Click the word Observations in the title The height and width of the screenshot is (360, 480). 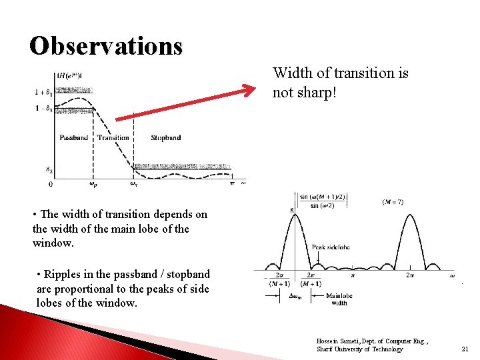tap(105, 45)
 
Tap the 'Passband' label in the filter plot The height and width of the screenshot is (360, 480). tap(73, 138)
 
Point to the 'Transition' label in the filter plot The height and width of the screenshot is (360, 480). tap(113, 138)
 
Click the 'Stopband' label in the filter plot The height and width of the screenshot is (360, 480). tap(165, 138)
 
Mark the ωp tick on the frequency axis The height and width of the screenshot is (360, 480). tap(93, 184)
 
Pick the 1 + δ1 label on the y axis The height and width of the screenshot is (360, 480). tap(44, 91)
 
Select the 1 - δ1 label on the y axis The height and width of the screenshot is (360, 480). tap(44, 108)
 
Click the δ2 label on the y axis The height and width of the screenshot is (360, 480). tap(49, 170)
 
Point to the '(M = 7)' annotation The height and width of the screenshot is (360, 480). tap(392, 202)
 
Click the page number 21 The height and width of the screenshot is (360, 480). tap(465, 349)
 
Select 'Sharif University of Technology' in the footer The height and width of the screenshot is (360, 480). tap(359, 349)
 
